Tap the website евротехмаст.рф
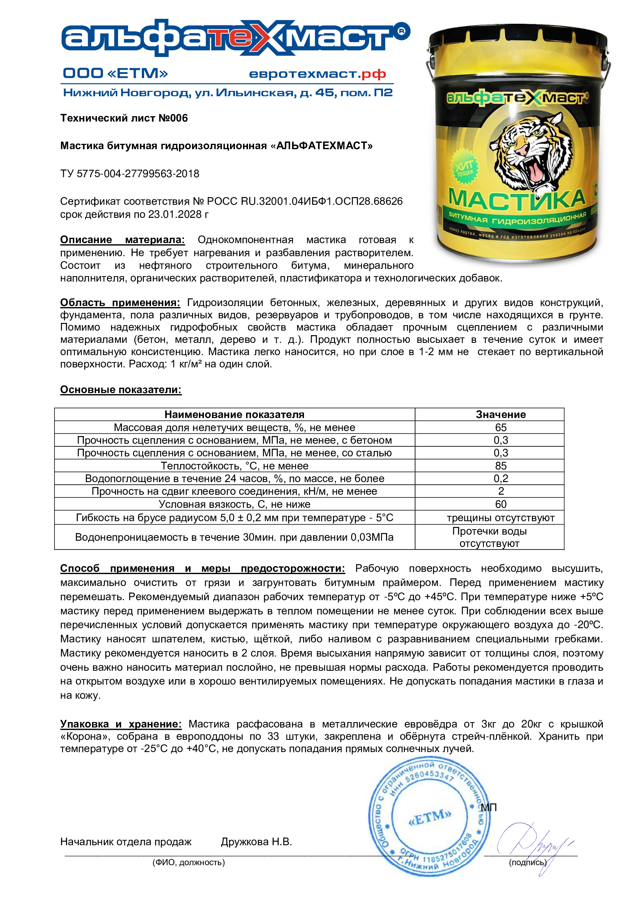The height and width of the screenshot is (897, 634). click(317, 74)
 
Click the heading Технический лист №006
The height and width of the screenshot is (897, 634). click(124, 118)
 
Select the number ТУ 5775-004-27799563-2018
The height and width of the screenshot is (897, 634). click(130, 173)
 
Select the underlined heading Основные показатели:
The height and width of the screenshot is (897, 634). click(121, 390)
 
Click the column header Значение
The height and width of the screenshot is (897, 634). click(501, 414)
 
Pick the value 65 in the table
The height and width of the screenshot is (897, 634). click(501, 427)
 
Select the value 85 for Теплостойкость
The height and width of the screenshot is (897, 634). click(501, 466)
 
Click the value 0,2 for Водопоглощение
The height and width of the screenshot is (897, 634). click(501, 479)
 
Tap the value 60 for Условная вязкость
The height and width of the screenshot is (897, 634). click(501, 504)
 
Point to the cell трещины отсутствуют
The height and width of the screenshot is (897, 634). click(501, 518)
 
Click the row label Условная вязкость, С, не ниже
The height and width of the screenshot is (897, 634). click(234, 504)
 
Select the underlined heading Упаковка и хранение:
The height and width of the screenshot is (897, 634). click(121, 724)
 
